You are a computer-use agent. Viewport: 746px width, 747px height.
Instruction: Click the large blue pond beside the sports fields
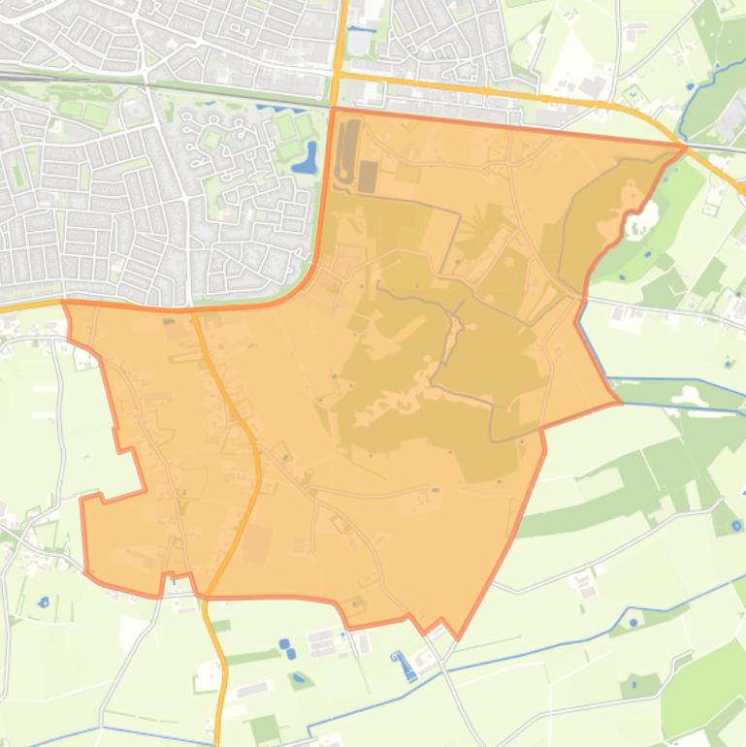click(x=307, y=158)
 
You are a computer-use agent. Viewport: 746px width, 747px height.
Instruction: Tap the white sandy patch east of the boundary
click(x=638, y=226)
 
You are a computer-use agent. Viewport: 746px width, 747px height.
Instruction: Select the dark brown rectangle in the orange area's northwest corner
click(x=368, y=176)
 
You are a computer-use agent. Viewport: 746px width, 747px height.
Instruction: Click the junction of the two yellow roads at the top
click(x=339, y=74)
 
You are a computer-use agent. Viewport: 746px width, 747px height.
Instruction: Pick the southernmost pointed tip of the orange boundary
click(x=457, y=639)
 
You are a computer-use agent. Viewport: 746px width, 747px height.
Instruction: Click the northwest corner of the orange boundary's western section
click(x=65, y=303)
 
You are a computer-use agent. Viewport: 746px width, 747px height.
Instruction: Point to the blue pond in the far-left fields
click(x=43, y=602)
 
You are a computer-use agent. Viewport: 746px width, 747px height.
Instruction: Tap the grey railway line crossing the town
click(x=146, y=83)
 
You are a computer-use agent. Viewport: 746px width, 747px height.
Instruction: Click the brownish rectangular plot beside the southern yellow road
click(x=257, y=544)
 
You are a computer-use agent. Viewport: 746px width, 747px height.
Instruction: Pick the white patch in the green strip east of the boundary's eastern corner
click(x=687, y=395)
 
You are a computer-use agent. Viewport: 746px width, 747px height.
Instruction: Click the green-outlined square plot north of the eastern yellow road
click(x=632, y=95)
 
